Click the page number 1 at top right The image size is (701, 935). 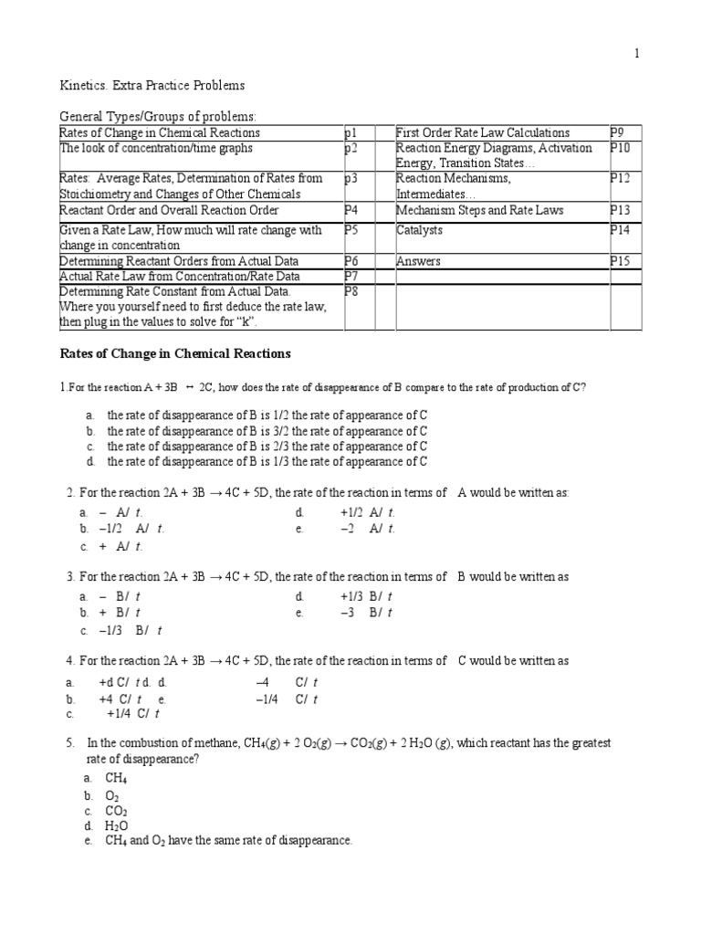coord(637,54)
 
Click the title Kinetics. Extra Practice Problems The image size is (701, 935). coord(152,86)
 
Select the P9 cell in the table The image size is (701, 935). coord(620,133)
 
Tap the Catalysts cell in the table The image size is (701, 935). coord(419,231)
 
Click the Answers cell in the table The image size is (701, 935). coord(418,261)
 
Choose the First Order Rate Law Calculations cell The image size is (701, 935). coord(483,133)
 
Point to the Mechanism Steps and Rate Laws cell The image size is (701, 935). coord(479,210)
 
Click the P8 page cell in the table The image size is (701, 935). coord(351,291)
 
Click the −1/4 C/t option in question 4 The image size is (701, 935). coord(287,699)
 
